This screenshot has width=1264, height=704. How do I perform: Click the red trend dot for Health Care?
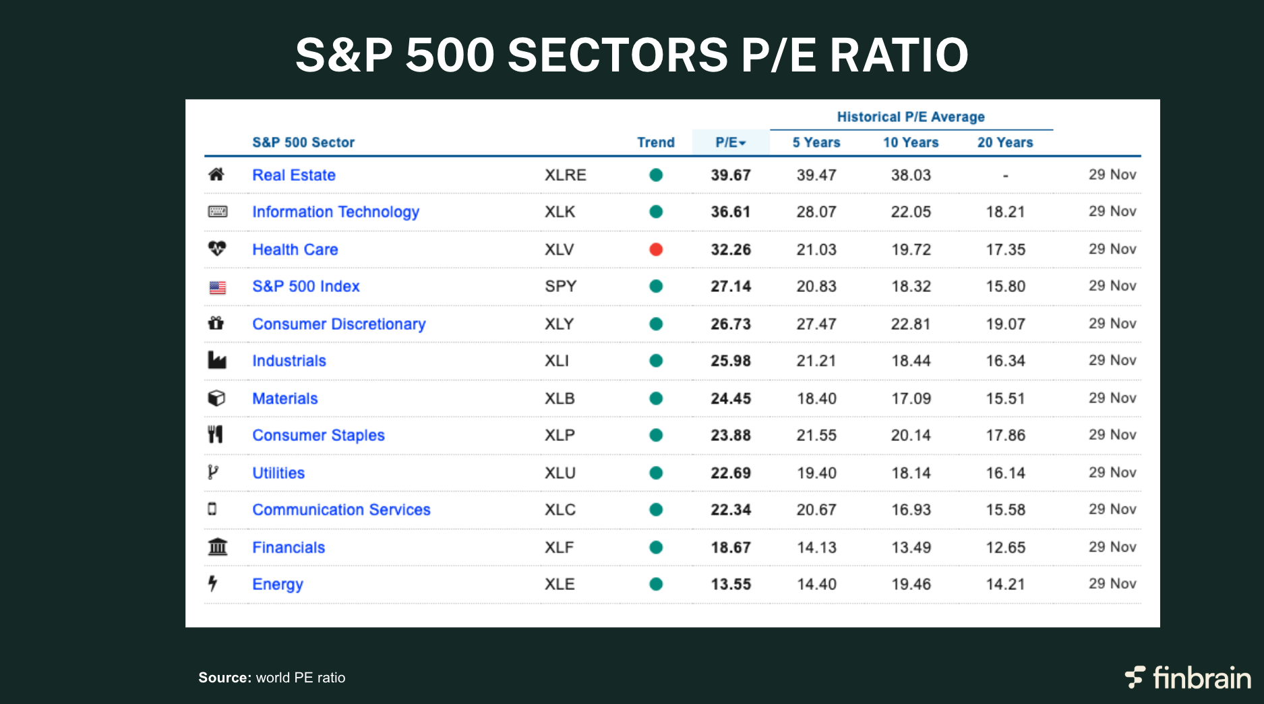[x=656, y=250]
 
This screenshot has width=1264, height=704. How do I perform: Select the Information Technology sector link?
[x=335, y=212]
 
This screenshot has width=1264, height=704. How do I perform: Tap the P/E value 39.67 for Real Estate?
[x=730, y=175]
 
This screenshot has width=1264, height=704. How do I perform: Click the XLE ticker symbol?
[x=560, y=584]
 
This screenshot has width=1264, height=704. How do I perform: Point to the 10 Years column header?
[x=910, y=142]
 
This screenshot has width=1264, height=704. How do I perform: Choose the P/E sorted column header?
[x=730, y=142]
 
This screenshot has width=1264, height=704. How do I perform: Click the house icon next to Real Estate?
[x=216, y=175]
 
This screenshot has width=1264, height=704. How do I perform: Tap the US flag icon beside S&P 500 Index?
[x=217, y=287]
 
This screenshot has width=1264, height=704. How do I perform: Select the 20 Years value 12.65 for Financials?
[x=1005, y=548]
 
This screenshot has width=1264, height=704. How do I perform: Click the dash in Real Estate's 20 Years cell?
[x=1005, y=175]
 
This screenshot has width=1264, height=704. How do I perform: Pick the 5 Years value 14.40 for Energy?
[x=816, y=584]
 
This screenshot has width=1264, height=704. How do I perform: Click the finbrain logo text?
[x=1201, y=678]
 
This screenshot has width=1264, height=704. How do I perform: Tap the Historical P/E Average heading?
[x=910, y=117]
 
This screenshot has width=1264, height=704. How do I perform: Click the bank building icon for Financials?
[x=217, y=547]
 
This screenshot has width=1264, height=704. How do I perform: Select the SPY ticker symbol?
[x=560, y=286]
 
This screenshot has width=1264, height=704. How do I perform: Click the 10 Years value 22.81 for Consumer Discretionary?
[x=910, y=324]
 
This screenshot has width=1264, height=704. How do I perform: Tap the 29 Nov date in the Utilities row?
[x=1112, y=473]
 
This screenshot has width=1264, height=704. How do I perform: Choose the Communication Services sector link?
[x=341, y=510]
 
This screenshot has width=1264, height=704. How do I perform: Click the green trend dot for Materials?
[x=656, y=399]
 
